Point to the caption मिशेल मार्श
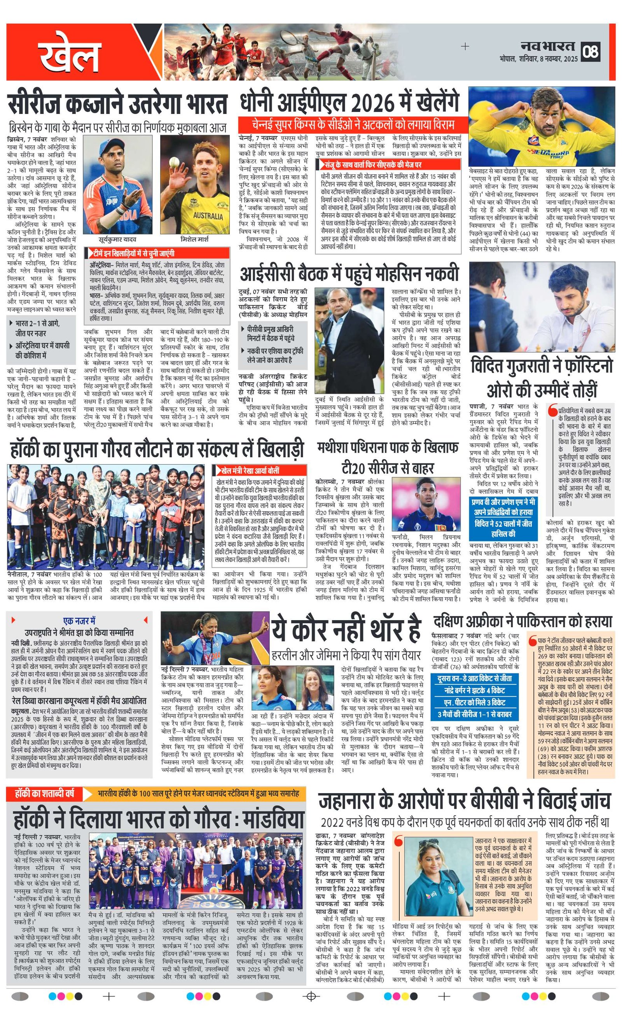coord(194,240)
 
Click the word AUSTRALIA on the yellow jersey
coord(208,216)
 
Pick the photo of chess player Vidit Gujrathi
coord(542,307)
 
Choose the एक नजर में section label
coord(79,621)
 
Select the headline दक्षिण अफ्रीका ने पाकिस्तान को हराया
coord(522,621)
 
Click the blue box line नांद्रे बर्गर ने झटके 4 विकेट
coord(474,690)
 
